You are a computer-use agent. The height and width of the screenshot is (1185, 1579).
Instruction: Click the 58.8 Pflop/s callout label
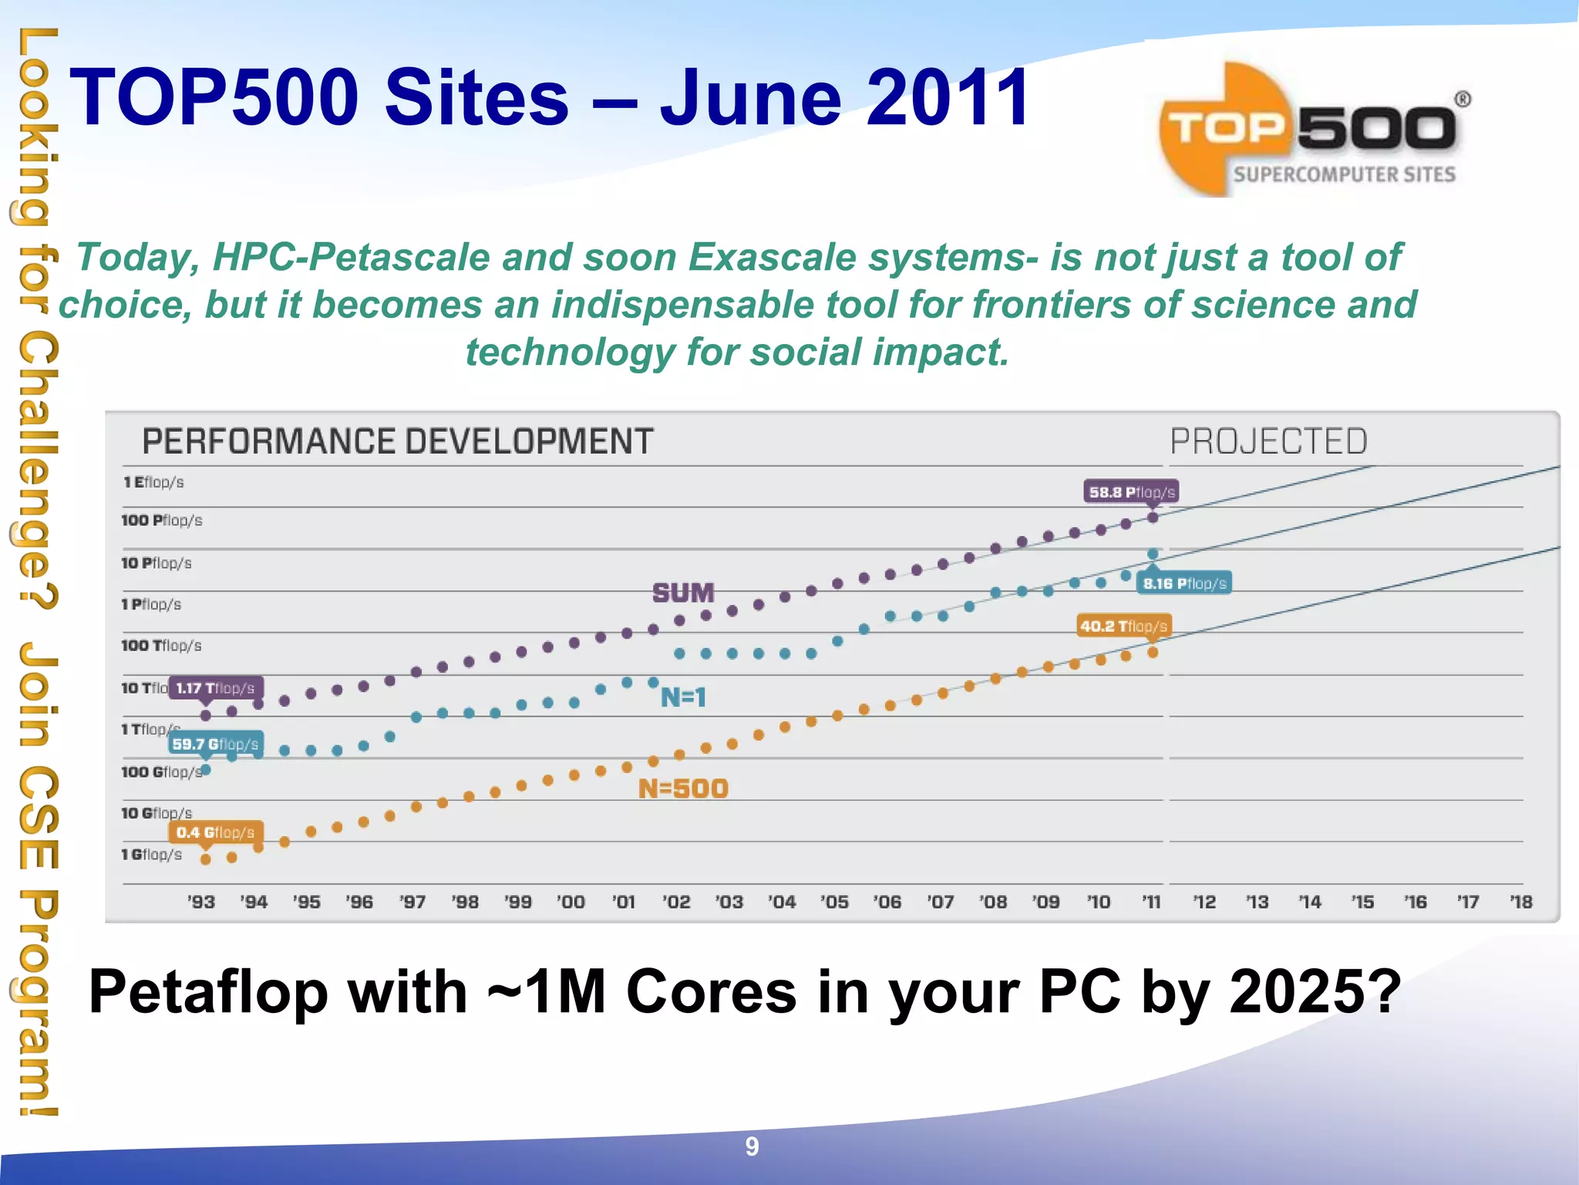(1131, 492)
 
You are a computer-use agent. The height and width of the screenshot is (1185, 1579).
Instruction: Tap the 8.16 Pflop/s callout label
(1184, 583)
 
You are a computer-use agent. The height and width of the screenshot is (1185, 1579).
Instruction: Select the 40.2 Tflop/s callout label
(1123, 626)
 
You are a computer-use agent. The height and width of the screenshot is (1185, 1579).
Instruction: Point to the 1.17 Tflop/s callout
(215, 688)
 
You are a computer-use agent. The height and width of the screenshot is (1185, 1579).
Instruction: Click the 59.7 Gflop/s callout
(215, 744)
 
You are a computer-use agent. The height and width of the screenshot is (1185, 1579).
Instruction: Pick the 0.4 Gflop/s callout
(215, 832)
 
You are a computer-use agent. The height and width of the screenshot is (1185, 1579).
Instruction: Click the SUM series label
(683, 592)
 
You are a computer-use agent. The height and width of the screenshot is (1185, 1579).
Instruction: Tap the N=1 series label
(683, 697)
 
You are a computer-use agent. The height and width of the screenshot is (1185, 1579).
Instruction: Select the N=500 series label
(683, 788)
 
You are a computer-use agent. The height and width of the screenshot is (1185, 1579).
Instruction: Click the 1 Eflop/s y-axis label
(153, 482)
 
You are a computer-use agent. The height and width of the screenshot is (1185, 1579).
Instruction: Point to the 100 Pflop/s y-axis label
(161, 521)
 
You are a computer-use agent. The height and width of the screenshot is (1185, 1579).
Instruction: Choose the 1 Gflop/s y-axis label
(152, 855)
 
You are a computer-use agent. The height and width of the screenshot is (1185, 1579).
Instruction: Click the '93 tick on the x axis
(201, 902)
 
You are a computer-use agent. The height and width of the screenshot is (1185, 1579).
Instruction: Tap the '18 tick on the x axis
(1521, 902)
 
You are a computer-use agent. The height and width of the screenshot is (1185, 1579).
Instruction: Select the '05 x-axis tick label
(834, 902)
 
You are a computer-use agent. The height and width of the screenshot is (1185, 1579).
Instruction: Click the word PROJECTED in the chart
(1268, 442)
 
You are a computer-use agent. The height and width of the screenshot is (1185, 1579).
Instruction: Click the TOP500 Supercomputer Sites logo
(1311, 131)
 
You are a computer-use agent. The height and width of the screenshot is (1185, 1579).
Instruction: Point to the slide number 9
(752, 1147)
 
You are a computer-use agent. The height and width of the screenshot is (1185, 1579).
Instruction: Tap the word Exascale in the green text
(772, 257)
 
